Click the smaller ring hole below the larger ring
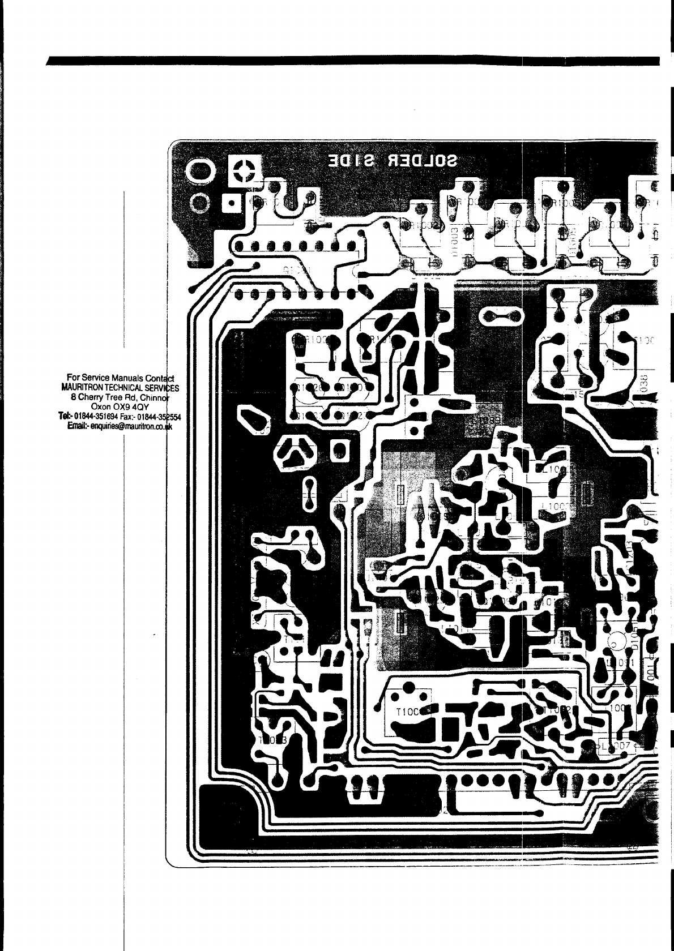click(200, 202)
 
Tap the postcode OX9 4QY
click(130, 406)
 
